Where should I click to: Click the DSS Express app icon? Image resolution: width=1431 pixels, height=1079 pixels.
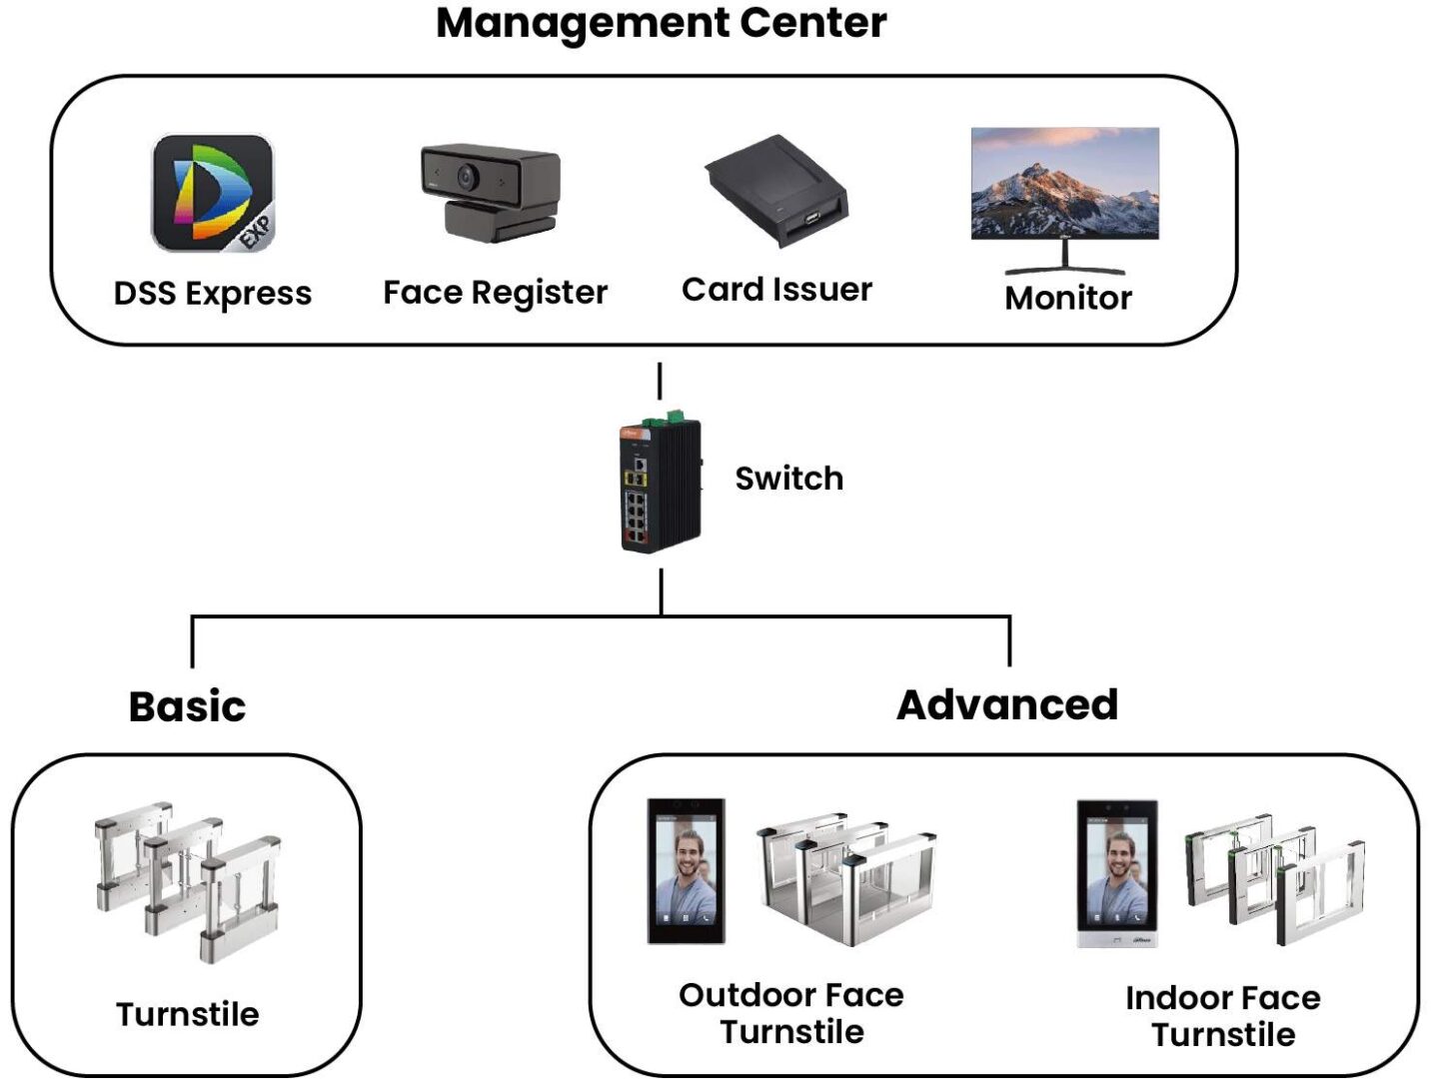pos(212,193)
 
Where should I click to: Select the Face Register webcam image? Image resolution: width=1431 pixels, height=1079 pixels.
pos(490,193)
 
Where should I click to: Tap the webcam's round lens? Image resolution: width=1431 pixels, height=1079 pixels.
pos(467,176)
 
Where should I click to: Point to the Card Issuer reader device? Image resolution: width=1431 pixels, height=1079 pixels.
pos(776,191)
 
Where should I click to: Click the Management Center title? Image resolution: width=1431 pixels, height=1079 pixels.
pos(661,23)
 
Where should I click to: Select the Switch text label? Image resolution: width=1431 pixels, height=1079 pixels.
pos(789,479)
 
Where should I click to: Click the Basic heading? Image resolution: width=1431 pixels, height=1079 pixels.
pos(187,706)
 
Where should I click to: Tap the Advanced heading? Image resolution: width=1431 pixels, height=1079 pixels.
pos(1006,704)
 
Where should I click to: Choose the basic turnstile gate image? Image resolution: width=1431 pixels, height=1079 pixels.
pos(188,878)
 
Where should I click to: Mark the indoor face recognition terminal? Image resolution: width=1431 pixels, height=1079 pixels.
pos(1117,872)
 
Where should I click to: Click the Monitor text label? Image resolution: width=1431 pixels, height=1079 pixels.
pos(1068,298)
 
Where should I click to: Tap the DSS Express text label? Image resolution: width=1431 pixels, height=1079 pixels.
pos(213,294)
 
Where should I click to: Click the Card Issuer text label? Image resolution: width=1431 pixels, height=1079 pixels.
pos(776,290)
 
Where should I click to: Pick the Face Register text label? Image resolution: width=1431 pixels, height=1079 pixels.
pos(495,293)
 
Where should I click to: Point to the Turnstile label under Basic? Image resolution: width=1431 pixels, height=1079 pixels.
pos(188,1014)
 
